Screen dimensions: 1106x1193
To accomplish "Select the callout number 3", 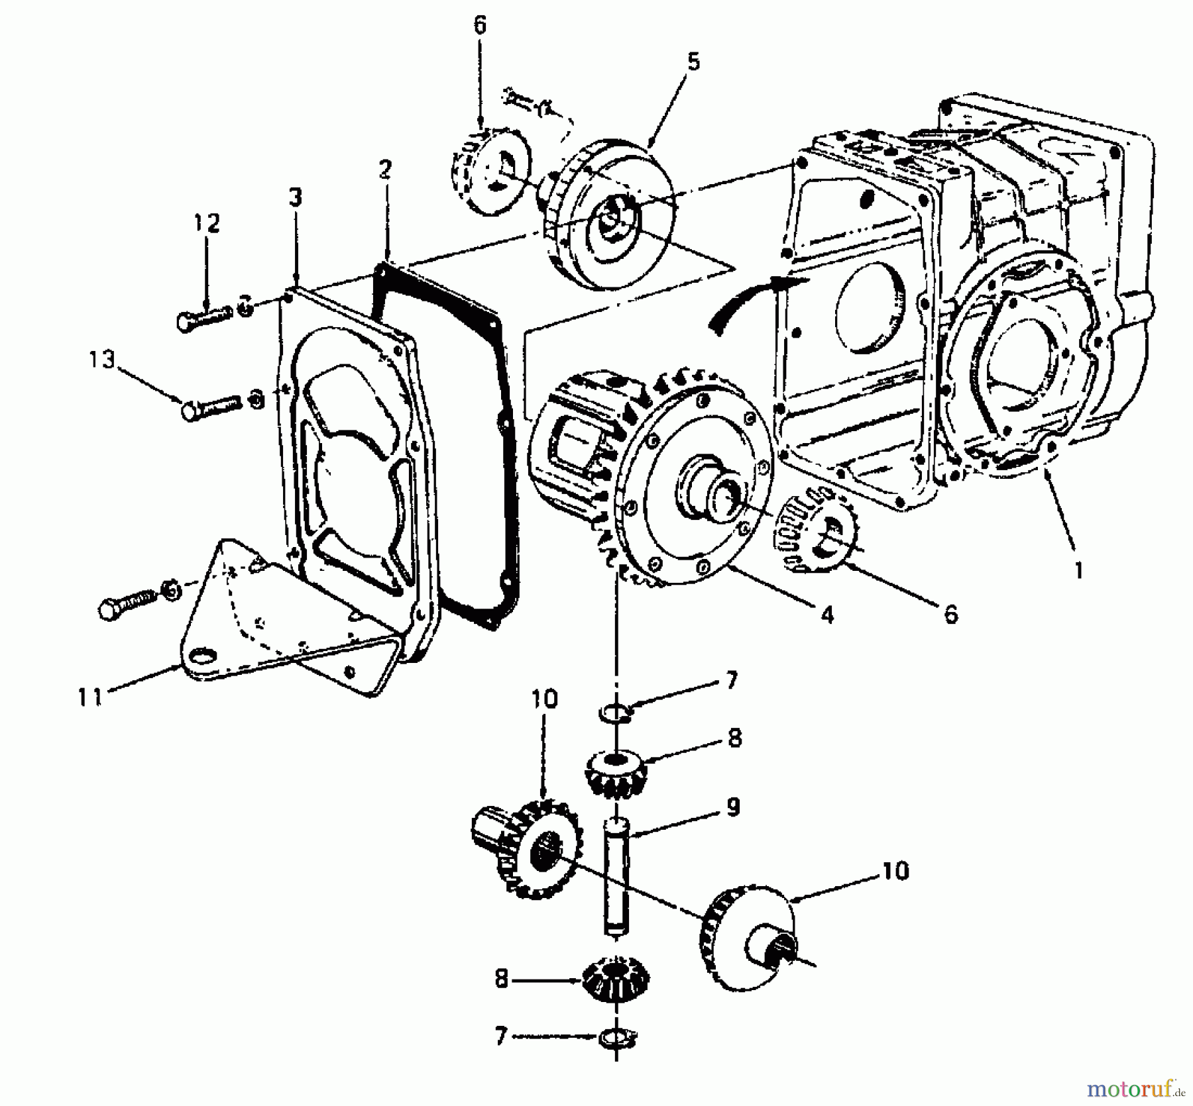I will (295, 197).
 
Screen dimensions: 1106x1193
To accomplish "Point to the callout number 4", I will (826, 615).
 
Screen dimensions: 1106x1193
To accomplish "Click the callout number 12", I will (206, 223).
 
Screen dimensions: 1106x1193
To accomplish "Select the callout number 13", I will (103, 360).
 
